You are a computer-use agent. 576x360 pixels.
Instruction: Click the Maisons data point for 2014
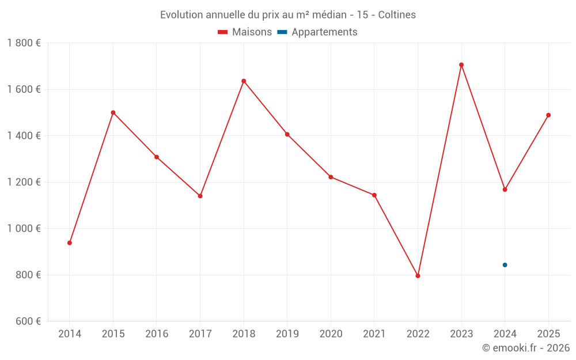pyautogui.click(x=70, y=243)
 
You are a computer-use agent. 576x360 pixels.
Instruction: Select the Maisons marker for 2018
pyautogui.click(x=244, y=81)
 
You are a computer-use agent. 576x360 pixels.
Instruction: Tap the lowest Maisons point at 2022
pyautogui.click(x=418, y=276)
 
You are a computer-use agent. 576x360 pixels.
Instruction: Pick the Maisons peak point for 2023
pyautogui.click(x=461, y=65)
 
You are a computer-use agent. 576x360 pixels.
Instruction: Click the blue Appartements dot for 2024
pyautogui.click(x=505, y=265)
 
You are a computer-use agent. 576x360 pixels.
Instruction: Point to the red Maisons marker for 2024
pyautogui.click(x=505, y=190)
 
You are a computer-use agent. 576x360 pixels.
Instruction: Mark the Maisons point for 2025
pyautogui.click(x=548, y=115)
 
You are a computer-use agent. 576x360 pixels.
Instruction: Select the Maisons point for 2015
pyautogui.click(x=113, y=112)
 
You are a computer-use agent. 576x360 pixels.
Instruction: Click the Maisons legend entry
pyautogui.click(x=245, y=32)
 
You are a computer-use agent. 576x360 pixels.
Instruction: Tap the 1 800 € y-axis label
pyautogui.click(x=24, y=43)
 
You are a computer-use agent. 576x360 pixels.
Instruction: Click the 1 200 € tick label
pyautogui.click(x=24, y=182)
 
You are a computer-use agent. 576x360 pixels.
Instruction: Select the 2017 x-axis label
pyautogui.click(x=200, y=334)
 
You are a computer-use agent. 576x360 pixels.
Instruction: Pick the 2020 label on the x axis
pyautogui.click(x=331, y=334)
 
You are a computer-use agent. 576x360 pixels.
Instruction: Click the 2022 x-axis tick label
pyautogui.click(x=418, y=334)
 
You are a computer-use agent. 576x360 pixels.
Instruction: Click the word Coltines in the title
pyautogui.click(x=397, y=15)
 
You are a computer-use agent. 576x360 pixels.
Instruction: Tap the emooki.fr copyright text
pyautogui.click(x=526, y=348)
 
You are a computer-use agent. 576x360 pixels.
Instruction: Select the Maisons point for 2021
pyautogui.click(x=374, y=195)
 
